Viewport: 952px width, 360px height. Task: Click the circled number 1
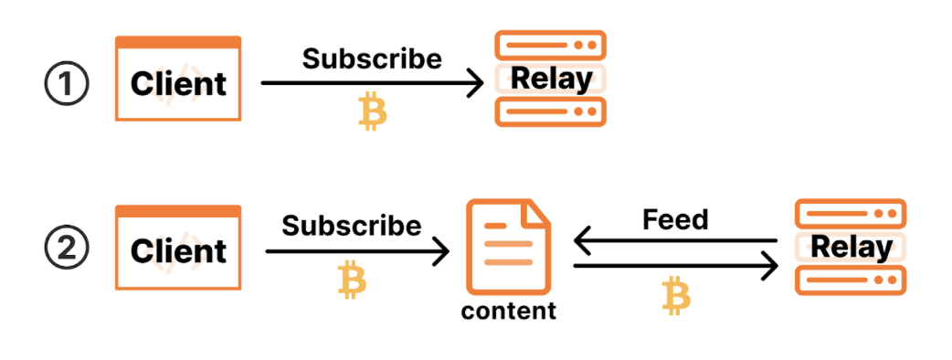pyautogui.click(x=67, y=85)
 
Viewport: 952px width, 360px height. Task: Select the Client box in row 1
pyautogui.click(x=178, y=79)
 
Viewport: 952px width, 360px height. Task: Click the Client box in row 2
pyautogui.click(x=178, y=247)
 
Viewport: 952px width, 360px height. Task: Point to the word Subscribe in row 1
pyautogui.click(x=372, y=58)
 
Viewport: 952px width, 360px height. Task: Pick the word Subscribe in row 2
pyautogui.click(x=352, y=227)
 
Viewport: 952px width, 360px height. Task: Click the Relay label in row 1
pyautogui.click(x=551, y=79)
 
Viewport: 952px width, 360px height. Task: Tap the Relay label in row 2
pyautogui.click(x=852, y=247)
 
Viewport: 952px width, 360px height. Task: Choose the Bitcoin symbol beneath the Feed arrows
pyautogui.click(x=676, y=296)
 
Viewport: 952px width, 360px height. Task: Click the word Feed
pyautogui.click(x=675, y=219)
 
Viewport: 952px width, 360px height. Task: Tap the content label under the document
pyautogui.click(x=509, y=311)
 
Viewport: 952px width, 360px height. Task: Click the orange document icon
pyautogui.click(x=508, y=247)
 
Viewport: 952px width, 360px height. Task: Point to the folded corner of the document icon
pyautogui.click(x=537, y=213)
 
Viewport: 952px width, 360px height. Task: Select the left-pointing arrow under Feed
pyautogui.click(x=676, y=241)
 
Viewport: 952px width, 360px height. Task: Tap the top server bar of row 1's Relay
pyautogui.click(x=551, y=45)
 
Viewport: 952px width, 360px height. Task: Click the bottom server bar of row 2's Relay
pyautogui.click(x=851, y=281)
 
